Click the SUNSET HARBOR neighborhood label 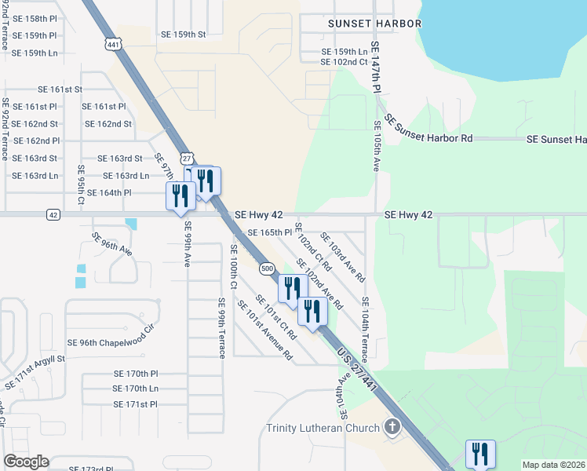click(363, 24)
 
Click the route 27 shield click(185, 157)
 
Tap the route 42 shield click(53, 214)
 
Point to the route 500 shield click(267, 268)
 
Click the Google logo click(26, 462)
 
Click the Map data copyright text click(554, 465)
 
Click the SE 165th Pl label click(269, 233)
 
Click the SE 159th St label click(183, 35)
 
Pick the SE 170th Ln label click(136, 389)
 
